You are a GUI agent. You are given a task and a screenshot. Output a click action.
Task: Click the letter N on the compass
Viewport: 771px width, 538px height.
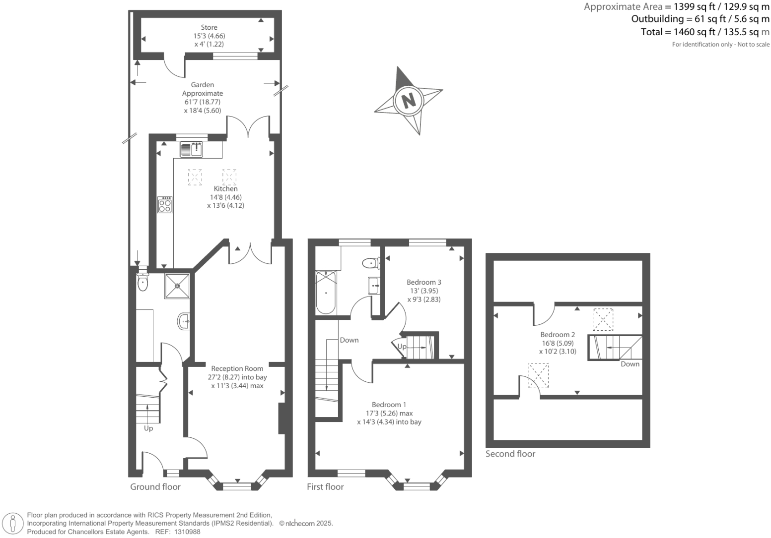click(x=409, y=101)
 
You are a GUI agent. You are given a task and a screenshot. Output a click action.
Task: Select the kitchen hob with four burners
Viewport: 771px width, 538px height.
click(x=165, y=205)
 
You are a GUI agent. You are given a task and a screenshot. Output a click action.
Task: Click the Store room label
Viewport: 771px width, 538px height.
click(x=209, y=27)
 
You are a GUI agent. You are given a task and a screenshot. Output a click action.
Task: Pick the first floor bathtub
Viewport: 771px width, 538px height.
click(x=326, y=293)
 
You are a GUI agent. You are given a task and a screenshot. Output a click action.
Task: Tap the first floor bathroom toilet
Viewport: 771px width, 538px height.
click(x=370, y=262)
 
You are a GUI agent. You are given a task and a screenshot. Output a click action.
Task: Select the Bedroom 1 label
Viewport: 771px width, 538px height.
click(x=389, y=405)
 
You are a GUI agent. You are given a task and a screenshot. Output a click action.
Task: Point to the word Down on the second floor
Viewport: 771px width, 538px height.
click(x=630, y=364)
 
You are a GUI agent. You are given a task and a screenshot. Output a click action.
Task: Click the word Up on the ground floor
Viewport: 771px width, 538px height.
click(x=148, y=428)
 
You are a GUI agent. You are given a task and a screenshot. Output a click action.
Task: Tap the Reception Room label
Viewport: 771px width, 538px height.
click(x=237, y=368)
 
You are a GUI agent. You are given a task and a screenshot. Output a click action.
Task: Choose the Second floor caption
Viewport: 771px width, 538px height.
click(x=510, y=454)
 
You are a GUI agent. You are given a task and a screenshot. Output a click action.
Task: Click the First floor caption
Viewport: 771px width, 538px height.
click(x=325, y=486)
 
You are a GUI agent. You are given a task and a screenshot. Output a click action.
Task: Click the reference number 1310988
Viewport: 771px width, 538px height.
click(x=185, y=532)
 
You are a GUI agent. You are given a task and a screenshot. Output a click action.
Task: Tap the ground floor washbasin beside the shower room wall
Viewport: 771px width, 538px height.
click(x=184, y=321)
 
